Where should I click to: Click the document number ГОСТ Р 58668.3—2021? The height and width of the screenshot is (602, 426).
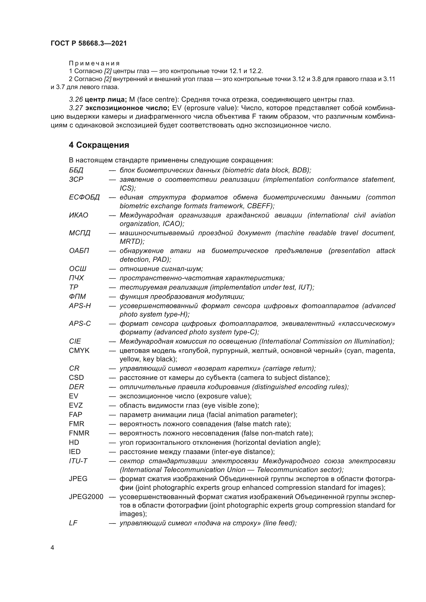point(89,43)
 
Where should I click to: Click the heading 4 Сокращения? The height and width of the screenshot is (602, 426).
point(99,145)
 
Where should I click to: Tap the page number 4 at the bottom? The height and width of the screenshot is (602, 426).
point(52,548)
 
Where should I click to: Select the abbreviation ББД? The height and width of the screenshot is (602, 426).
point(76,170)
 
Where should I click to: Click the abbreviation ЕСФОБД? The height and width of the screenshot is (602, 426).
point(84,197)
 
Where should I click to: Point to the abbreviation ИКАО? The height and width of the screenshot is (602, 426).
point(79,215)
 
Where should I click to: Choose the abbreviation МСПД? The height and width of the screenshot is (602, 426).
point(80,233)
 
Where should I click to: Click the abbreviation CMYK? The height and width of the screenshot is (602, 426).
point(79,351)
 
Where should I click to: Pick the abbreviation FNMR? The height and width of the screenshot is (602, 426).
point(79,433)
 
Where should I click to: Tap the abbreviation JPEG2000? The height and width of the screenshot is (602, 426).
point(86,497)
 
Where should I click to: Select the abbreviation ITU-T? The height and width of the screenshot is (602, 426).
point(78,461)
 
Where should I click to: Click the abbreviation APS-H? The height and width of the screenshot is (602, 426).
point(80,306)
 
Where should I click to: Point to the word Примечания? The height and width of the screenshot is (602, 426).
point(94,63)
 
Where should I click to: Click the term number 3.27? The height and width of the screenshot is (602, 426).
point(76,108)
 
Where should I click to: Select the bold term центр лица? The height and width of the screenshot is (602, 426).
point(106,99)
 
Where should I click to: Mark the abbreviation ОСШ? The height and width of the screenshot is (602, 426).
point(78,269)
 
